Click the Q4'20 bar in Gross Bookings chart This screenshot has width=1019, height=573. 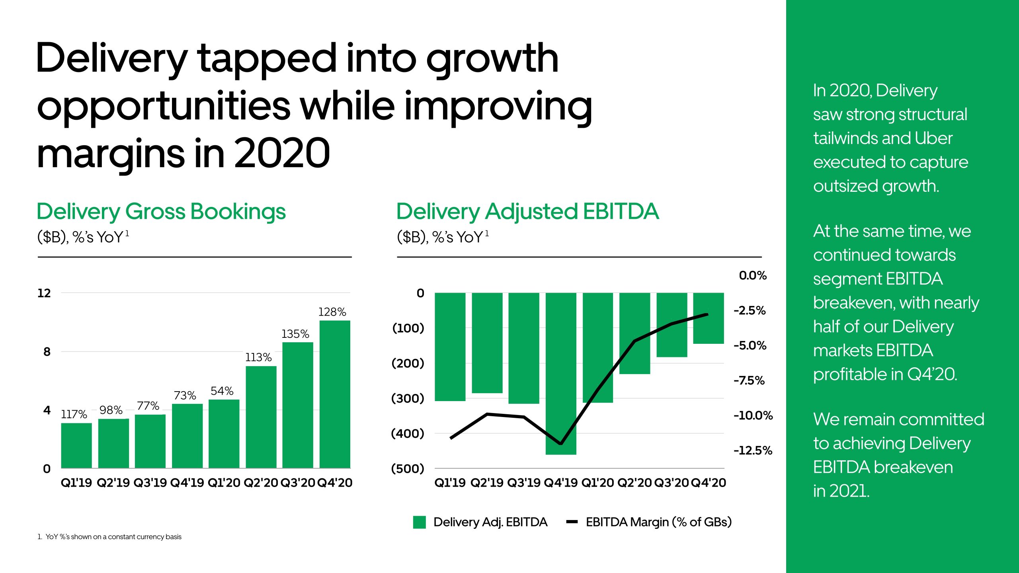pos(335,394)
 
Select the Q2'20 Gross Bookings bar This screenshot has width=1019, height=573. pos(261,417)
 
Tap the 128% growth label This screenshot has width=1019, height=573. pos(332,312)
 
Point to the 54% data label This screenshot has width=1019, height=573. pos(222,391)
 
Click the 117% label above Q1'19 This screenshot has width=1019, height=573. pos(74,414)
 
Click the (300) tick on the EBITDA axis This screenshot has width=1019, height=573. pos(408,398)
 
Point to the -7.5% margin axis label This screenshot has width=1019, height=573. pos(749,380)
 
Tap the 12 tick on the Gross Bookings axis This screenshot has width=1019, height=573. pos(44,293)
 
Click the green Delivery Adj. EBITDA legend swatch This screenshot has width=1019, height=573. pos(420,522)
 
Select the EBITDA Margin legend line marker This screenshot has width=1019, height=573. pos(572,522)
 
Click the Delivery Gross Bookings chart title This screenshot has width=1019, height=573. pos(161,211)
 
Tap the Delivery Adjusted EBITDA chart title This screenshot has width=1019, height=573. pos(527,211)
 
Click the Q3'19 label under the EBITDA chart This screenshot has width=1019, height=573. pos(524,483)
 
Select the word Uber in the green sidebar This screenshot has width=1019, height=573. pos(933,138)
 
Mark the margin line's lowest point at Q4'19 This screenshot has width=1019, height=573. pos(561,443)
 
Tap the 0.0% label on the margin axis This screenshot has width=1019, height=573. pos(753,275)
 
